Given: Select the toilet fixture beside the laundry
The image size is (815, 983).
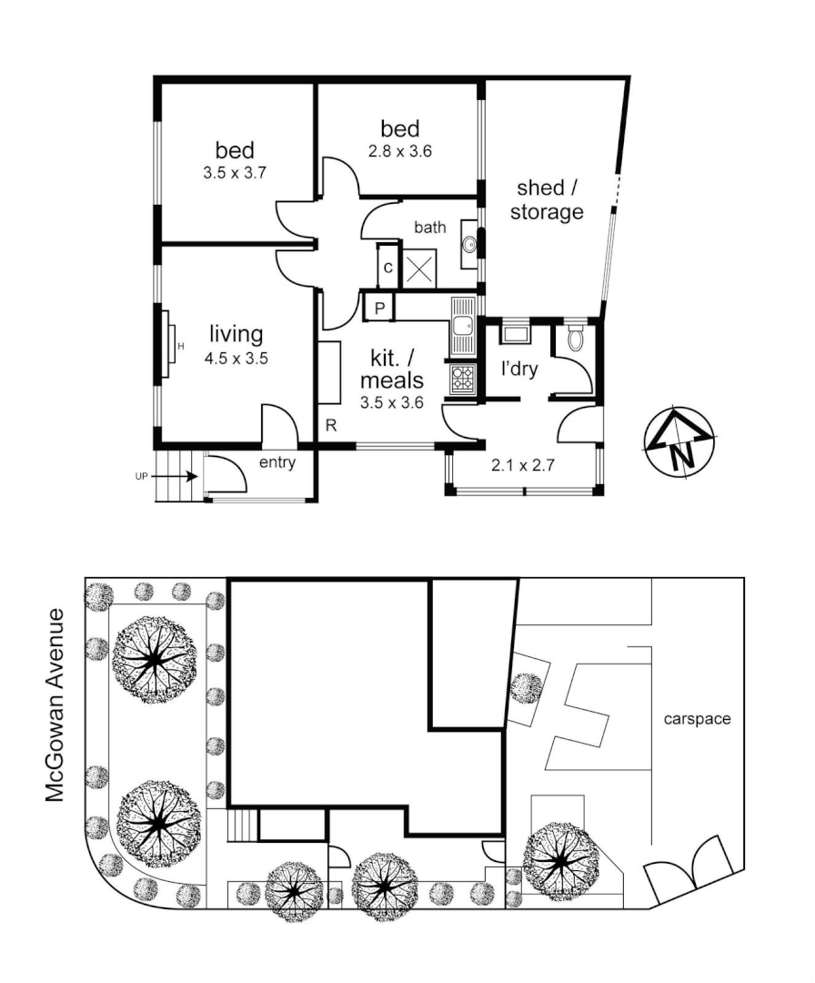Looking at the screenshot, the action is [574, 339].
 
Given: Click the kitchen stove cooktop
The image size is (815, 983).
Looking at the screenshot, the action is [462, 378].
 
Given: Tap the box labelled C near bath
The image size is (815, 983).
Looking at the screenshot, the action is [387, 269].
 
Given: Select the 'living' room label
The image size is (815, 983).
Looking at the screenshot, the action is [236, 334].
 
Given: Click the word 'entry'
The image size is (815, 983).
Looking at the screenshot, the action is [277, 462].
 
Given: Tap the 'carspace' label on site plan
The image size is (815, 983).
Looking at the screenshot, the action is [697, 719].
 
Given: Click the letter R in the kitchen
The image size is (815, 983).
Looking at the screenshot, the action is [332, 426].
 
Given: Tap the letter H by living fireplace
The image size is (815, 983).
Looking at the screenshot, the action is [181, 346].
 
